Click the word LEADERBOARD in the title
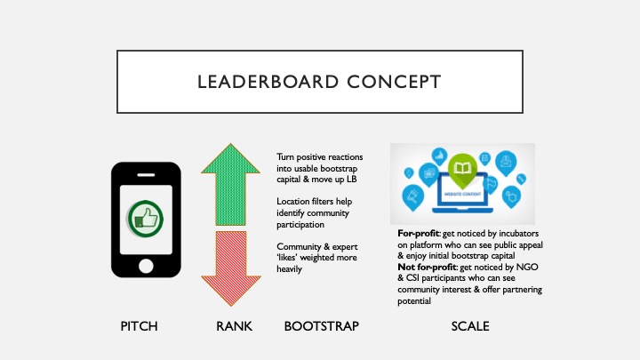[x=268, y=82]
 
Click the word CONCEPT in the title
[x=395, y=82]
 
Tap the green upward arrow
[x=230, y=185]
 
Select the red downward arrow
[x=230, y=268]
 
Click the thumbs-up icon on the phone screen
[x=145, y=220]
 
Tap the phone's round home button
[x=146, y=266]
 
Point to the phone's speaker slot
[x=146, y=175]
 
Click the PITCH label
[x=139, y=326]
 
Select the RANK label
[x=235, y=326]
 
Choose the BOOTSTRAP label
[x=322, y=326]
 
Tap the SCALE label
[x=470, y=326]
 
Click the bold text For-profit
[x=419, y=234]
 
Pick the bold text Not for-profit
[x=427, y=267]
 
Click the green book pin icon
[x=462, y=168]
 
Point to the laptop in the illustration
[x=462, y=194]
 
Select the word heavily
[x=290, y=269]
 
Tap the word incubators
[x=519, y=234]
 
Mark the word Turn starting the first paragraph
[x=285, y=157]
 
